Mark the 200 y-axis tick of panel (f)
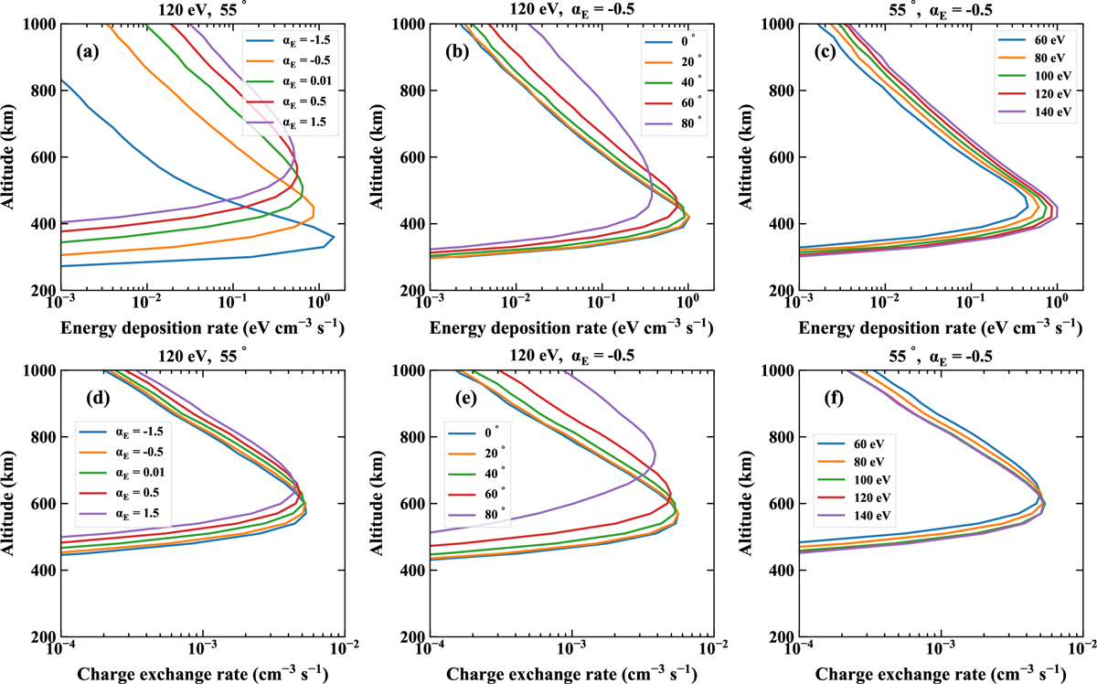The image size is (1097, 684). pos(782,636)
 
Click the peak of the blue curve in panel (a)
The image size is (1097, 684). pos(334,238)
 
